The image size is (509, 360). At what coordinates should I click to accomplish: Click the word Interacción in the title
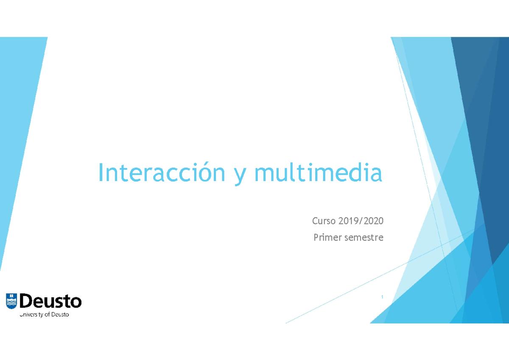[x=161, y=173]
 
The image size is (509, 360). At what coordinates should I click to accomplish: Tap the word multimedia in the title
[x=318, y=173]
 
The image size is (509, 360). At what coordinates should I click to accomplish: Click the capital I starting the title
[x=101, y=173]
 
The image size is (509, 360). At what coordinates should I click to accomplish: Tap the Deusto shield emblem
[x=11, y=301]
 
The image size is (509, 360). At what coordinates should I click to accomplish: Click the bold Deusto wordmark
[x=50, y=301]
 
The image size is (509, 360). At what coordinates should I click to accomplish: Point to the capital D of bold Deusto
[x=26, y=301]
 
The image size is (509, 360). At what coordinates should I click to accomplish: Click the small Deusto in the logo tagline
[x=60, y=315]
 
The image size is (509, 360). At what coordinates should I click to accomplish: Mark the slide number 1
[x=382, y=297]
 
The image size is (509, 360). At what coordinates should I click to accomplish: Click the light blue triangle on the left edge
[x=17, y=127]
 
